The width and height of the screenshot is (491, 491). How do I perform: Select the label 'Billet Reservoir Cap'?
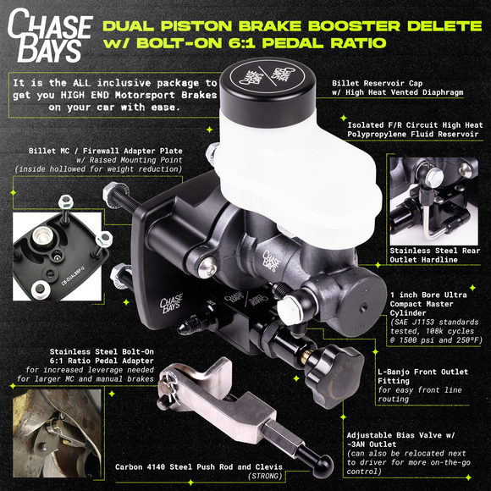click(x=378, y=84)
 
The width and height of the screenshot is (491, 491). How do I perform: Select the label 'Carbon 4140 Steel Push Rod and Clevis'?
click(x=198, y=466)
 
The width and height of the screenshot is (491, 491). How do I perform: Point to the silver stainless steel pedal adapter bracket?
click(x=212, y=390)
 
